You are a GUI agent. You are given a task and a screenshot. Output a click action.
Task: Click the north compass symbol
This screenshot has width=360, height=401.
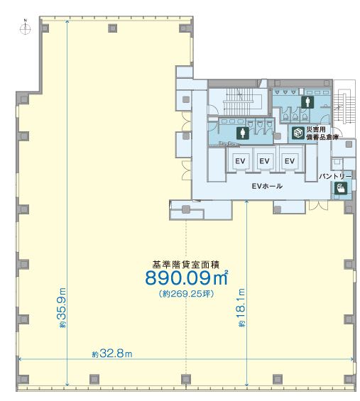tap(26, 28)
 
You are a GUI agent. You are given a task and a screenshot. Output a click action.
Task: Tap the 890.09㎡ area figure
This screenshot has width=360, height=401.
tap(187, 278)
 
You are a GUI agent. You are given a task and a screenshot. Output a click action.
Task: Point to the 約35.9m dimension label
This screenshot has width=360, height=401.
tap(62, 307)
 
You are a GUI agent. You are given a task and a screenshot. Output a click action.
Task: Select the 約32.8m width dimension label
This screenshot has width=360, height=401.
tap(112, 353)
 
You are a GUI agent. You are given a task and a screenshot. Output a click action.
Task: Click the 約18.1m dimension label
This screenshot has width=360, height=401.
tap(241, 307)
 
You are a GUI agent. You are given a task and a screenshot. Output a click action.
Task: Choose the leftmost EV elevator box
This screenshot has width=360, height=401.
tap(240, 161)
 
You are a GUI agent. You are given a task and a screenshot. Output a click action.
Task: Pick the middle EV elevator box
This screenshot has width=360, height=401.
tap(265, 161)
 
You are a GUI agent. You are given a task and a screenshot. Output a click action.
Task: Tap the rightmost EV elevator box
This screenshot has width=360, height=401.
tap(290, 161)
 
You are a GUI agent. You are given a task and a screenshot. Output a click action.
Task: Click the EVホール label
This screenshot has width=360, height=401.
tap(267, 186)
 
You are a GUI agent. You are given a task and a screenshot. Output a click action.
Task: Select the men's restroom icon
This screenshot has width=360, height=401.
tap(307, 102)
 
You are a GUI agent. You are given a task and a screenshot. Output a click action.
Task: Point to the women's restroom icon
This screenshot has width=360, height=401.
tap(243, 133)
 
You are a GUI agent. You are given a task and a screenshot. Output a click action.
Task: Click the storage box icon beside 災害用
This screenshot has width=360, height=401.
tap(298, 133)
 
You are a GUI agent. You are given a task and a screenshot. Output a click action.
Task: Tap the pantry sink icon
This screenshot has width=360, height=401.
tap(341, 188)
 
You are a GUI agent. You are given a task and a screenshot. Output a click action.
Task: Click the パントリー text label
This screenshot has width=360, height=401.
tap(335, 176)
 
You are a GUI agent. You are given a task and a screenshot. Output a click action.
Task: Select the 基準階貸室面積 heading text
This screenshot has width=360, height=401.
tap(186, 265)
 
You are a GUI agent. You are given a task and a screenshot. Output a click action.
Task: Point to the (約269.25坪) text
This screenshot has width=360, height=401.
tap(187, 294)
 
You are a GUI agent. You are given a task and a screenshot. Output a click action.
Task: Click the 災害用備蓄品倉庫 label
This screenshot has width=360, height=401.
tap(322, 133)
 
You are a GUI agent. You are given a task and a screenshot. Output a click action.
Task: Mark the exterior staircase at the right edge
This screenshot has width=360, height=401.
tap(344, 105)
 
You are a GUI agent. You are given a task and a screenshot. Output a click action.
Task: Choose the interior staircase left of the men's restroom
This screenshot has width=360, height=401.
tap(239, 101)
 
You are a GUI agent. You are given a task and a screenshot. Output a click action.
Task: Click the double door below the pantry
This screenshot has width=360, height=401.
tap(318, 205)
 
